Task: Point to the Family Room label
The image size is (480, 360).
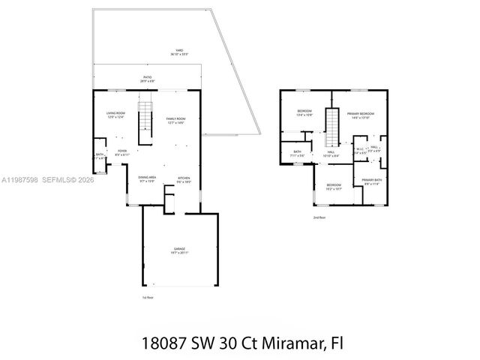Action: coord(175,120)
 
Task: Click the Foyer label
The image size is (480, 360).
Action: coord(121,151)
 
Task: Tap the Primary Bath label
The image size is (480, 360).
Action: coord(372,181)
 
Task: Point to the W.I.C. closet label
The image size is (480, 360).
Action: coord(359,149)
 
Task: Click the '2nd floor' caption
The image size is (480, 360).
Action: coord(320,217)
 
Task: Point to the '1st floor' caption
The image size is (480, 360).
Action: coord(148,297)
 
